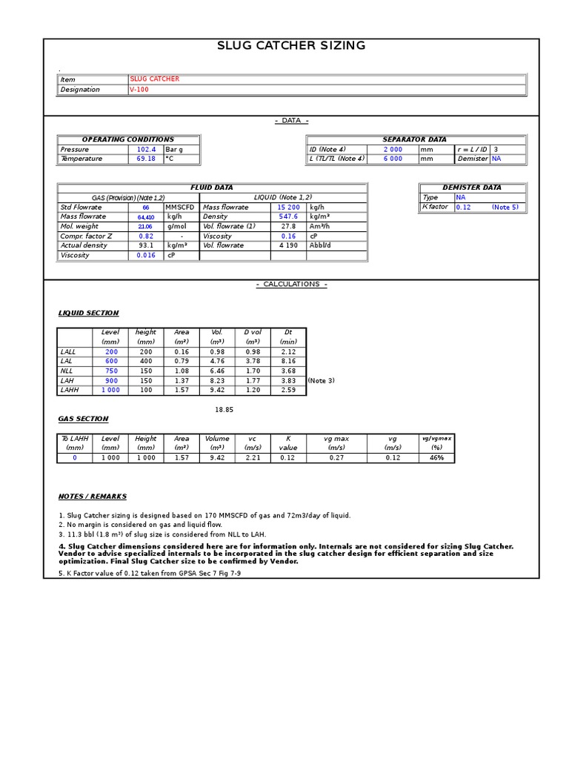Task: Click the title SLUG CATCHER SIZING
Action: (291, 46)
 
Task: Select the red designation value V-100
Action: (139, 90)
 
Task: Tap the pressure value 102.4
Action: (146, 149)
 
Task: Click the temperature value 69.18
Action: (146, 159)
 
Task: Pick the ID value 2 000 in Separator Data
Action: (393, 149)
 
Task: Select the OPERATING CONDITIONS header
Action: (128, 139)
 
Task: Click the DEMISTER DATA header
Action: (472, 188)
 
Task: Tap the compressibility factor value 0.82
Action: (146, 236)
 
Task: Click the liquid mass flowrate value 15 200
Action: (288, 208)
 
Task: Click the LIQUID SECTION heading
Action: (88, 313)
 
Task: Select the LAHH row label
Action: (69, 390)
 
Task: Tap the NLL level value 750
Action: (111, 371)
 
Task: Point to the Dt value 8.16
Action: (288, 361)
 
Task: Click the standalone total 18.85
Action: (224, 409)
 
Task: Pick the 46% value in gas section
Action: (437, 458)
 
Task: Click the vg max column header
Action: (336, 439)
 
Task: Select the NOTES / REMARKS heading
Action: (93, 496)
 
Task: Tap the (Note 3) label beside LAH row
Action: (321, 380)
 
